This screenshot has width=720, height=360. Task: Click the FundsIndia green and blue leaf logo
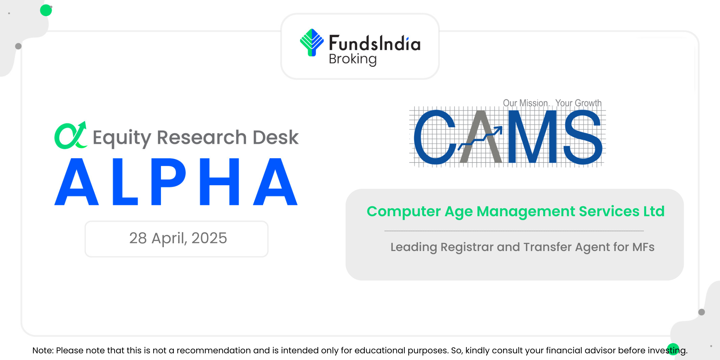311,43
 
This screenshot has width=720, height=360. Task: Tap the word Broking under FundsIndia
353,59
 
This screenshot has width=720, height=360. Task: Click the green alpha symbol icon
71,135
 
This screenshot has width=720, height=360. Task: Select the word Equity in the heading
122,138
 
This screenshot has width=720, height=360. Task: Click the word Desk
276,137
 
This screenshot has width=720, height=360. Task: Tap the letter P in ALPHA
168,181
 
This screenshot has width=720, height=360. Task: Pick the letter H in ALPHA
219,181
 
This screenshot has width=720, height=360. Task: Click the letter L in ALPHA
125,181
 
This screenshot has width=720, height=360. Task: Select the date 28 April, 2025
178,238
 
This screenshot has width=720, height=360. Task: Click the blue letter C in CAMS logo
435,137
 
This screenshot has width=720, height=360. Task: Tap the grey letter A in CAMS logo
481,137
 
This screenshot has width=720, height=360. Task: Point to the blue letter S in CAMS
583,137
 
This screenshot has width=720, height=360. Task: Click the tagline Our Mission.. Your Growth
552,103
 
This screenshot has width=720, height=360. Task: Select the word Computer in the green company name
404,212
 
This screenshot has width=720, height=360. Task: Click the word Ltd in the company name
654,211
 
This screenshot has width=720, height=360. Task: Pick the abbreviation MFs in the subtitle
643,247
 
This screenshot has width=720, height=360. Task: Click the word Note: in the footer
43,351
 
